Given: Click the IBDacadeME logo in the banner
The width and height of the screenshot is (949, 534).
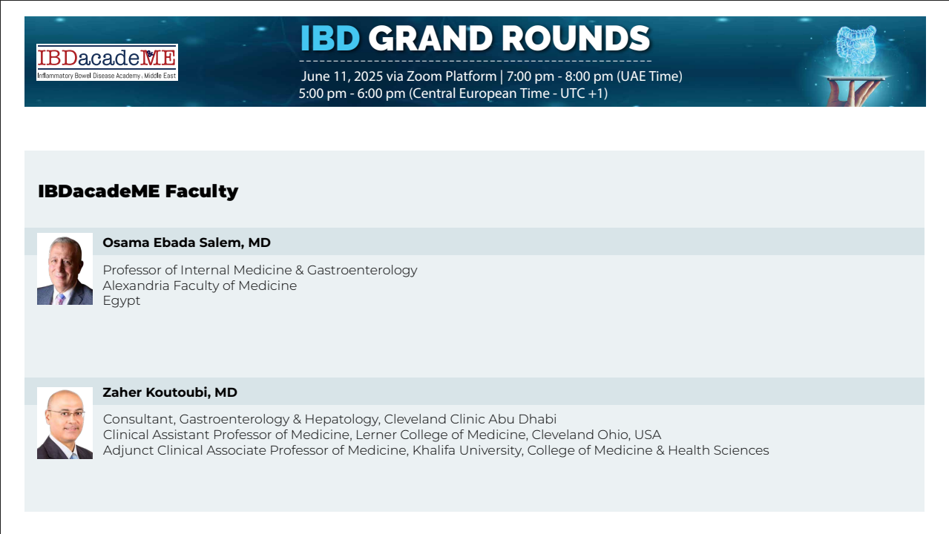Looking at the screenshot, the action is point(107,62).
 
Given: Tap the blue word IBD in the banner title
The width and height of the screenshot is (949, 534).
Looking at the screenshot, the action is point(330,39).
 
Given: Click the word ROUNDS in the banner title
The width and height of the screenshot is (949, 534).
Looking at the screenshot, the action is point(576,39).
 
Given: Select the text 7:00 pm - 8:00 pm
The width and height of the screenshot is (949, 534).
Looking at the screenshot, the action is point(559,76).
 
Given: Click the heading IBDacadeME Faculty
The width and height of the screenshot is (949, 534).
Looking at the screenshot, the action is point(138,191).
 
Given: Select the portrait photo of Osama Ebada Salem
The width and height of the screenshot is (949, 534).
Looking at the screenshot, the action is point(65,269).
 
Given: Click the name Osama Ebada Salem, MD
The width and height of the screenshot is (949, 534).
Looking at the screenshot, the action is point(186,243).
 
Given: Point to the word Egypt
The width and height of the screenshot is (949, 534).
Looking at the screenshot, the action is point(121,301).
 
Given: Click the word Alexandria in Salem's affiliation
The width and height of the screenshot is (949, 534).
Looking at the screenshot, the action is point(136,286).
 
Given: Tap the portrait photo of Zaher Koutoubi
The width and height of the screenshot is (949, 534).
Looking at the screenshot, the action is point(65,423).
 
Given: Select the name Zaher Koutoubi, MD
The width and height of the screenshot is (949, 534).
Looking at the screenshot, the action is point(170,392).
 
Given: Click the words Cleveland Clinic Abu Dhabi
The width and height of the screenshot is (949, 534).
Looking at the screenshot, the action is point(470,419).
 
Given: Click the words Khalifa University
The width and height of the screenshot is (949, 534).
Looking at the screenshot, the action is point(467,451).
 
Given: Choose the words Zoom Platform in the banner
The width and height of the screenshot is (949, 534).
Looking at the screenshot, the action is point(452,76).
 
